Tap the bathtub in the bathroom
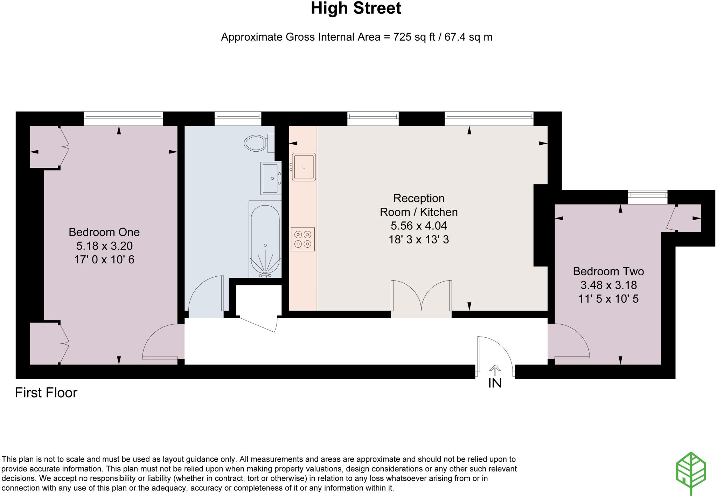pyautogui.click(x=265, y=240)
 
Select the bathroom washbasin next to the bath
pyautogui.click(x=271, y=178)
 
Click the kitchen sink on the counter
pyautogui.click(x=304, y=167)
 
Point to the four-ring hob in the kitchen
pyautogui.click(x=303, y=239)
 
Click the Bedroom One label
pyautogui.click(x=104, y=232)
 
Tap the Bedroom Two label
pyautogui.click(x=608, y=271)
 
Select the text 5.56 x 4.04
pyautogui.click(x=419, y=226)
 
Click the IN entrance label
pyautogui.click(x=495, y=384)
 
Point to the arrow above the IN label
pyautogui.click(x=495, y=370)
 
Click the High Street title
pyautogui.click(x=356, y=8)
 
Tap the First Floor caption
pyautogui.click(x=46, y=393)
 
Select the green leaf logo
pyautogui.click(x=690, y=473)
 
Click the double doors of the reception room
pyautogui.click(x=421, y=296)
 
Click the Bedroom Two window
pyautogui.click(x=647, y=197)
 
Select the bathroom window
pyautogui.click(x=238, y=118)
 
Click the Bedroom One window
pyautogui.click(x=123, y=118)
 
